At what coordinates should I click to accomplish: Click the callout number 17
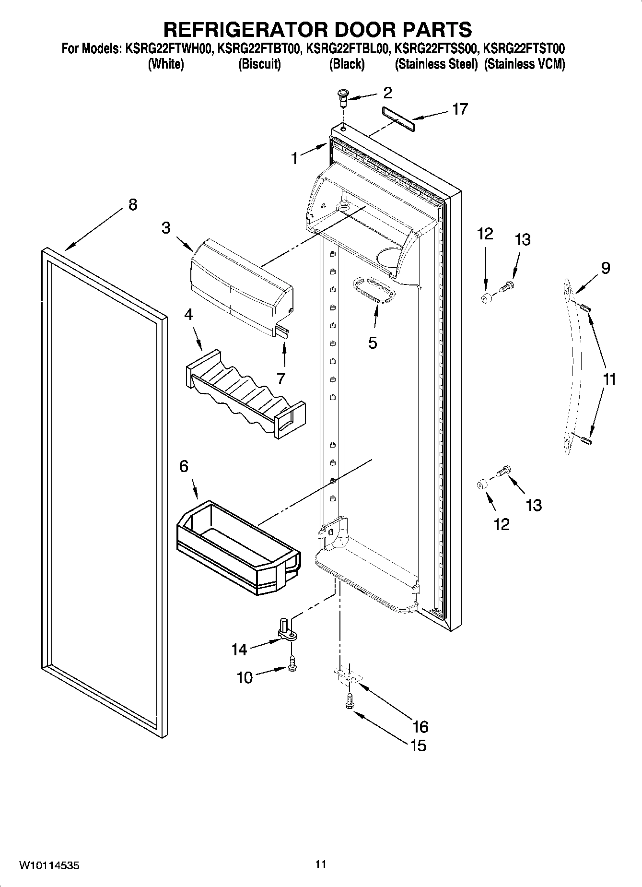(460, 109)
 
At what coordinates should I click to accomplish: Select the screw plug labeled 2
(343, 97)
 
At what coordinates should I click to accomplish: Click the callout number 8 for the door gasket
(133, 204)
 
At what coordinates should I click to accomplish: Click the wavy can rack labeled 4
(245, 393)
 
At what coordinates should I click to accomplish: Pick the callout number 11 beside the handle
(608, 379)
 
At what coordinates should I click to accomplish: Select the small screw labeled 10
(292, 664)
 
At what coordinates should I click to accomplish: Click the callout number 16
(420, 726)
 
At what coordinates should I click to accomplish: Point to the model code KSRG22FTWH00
(169, 48)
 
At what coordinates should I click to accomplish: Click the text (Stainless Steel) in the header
(436, 64)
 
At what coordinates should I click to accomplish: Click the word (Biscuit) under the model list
(259, 64)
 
